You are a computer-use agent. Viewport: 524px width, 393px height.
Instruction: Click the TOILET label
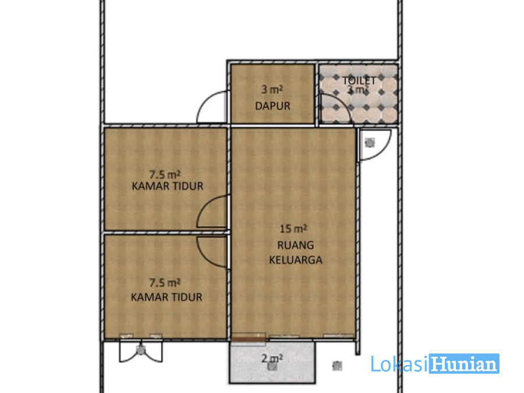pos(359,81)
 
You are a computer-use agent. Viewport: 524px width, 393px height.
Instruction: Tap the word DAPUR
pos(272,106)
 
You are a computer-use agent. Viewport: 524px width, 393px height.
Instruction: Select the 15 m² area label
pos(293,229)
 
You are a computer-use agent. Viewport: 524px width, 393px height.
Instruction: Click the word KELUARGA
pos(296,260)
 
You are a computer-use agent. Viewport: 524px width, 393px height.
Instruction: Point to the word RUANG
pos(296,245)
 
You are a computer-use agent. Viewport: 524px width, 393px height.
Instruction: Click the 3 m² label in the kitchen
pos(272,90)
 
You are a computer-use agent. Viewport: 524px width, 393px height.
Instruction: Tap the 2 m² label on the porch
pos(272,358)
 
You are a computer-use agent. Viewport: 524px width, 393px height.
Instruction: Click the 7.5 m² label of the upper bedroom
pos(165,174)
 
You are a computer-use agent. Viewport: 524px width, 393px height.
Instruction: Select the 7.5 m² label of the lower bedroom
pos(165,282)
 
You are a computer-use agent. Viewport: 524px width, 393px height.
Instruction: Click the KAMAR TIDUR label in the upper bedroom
pos(168,186)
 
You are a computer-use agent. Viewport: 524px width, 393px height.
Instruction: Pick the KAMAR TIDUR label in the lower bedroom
pos(167,297)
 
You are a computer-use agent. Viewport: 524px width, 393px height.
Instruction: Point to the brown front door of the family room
pos(248,339)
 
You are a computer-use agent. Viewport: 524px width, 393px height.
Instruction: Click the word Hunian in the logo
pos(464,364)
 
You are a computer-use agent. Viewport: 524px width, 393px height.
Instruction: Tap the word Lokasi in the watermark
pos(399,364)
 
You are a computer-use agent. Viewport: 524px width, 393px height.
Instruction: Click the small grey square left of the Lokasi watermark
pos(337,366)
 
